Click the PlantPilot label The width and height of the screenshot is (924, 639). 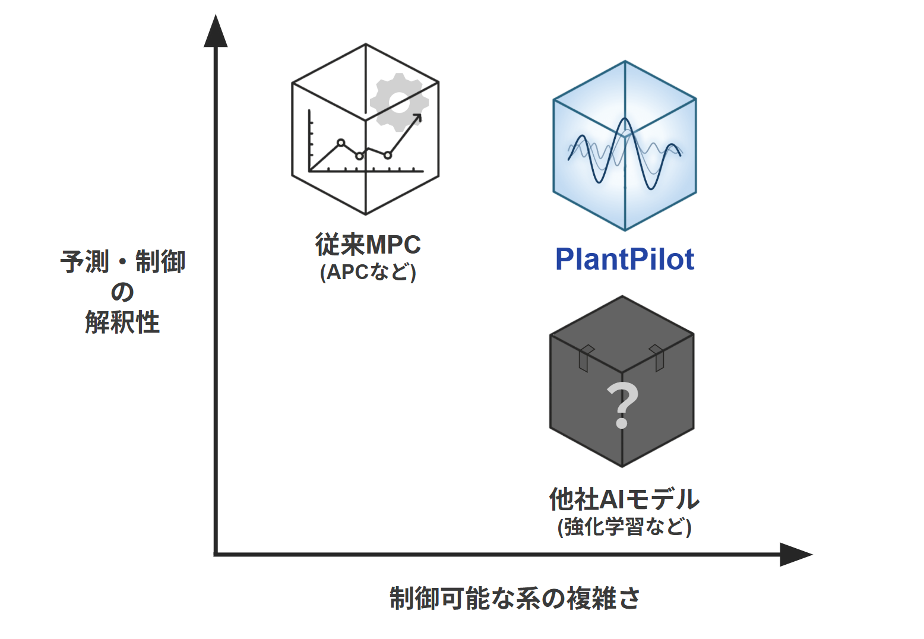[624, 260]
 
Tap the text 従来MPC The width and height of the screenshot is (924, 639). [368, 244]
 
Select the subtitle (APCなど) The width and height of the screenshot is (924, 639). [368, 272]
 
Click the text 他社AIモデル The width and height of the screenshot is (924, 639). [624, 499]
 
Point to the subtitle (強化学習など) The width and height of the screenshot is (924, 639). [624, 526]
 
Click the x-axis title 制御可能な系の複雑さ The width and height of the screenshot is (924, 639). [515, 597]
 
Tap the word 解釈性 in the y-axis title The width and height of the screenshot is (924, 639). [122, 322]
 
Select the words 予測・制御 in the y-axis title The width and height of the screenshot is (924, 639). [123, 261]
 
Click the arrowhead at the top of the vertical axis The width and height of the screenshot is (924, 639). [216, 32]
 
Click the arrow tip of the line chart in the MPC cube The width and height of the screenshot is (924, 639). [420, 115]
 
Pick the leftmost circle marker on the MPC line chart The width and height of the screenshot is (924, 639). [341, 143]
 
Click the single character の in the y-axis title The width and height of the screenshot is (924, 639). [122, 292]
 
